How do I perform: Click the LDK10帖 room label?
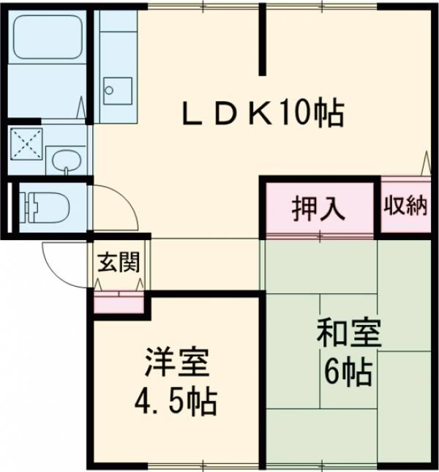(263, 113)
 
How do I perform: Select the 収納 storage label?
(406, 206)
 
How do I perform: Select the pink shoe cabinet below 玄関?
(119, 302)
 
